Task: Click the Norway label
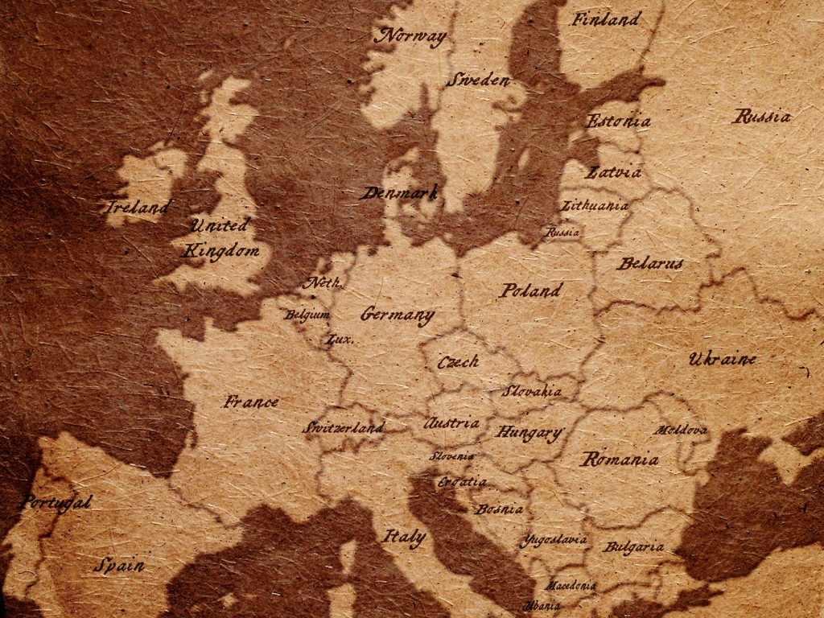pos(411,36)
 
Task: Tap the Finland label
pos(606,19)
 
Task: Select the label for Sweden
pos(479,80)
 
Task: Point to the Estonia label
pos(618,122)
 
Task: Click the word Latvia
pos(614,172)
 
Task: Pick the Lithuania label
pos(595,206)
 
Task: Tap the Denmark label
pos(398,193)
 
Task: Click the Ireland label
pos(138,208)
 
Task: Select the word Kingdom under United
pos(221,251)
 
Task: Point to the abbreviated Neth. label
pos(323,282)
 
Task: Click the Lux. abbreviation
pos(340,340)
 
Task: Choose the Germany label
pos(398,315)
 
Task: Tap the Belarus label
pos(650,263)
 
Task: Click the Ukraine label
pos(722,359)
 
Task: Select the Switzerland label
pos(344,428)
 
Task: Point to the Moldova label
pos(680,431)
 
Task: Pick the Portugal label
pos(55,503)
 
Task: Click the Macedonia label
pos(571,585)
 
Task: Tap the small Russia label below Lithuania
pos(562,232)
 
